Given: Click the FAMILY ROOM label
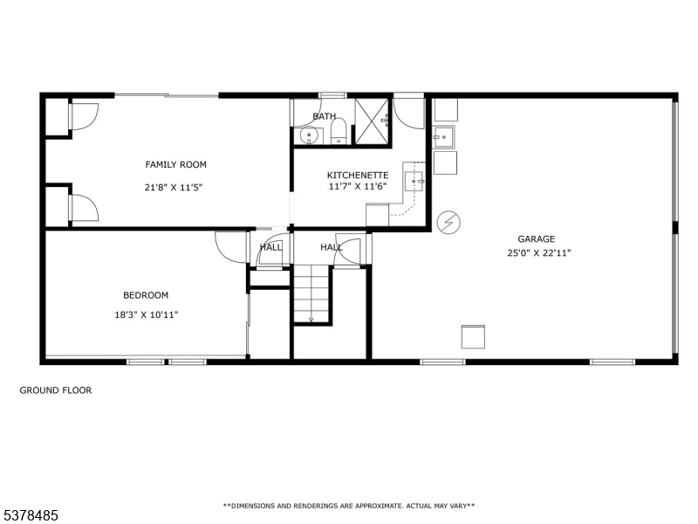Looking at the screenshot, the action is tap(176, 164).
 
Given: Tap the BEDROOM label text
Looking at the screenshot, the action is tap(146, 295).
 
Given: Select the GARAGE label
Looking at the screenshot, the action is tap(536, 238).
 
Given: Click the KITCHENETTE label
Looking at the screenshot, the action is tap(358, 176).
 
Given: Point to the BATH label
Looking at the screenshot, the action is tap(324, 116).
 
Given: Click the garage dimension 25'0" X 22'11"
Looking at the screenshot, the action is tap(539, 253).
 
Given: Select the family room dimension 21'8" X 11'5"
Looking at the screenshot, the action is tap(174, 188).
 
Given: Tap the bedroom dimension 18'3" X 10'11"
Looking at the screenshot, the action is tap(147, 315).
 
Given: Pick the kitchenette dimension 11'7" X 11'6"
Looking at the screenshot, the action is tap(358, 186).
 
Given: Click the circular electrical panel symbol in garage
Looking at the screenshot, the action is tap(448, 223).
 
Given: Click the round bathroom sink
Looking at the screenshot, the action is tap(308, 134).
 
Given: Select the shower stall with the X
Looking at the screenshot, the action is tap(372, 121).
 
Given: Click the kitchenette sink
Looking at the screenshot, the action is tap(415, 182).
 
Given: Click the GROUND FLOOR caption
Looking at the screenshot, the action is tap(56, 390).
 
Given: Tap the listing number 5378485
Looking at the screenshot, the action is tap(29, 515).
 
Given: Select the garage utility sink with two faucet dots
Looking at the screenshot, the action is tap(443, 137).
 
